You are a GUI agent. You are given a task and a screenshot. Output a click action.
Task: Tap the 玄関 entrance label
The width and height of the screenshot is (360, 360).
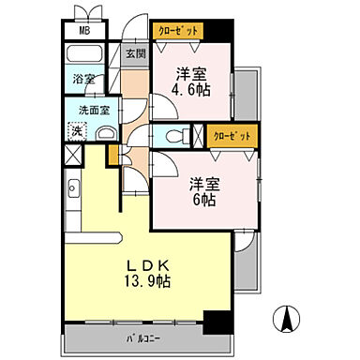(x=136, y=53)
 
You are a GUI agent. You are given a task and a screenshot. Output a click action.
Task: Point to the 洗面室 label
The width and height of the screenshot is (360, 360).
(x=84, y=109)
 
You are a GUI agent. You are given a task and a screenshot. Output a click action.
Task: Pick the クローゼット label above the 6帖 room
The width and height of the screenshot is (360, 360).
(x=230, y=136)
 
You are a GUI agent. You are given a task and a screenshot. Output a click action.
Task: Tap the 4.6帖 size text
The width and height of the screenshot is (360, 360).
(x=189, y=91)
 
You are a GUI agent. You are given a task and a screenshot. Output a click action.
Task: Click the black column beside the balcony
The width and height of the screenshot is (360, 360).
(x=217, y=325)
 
